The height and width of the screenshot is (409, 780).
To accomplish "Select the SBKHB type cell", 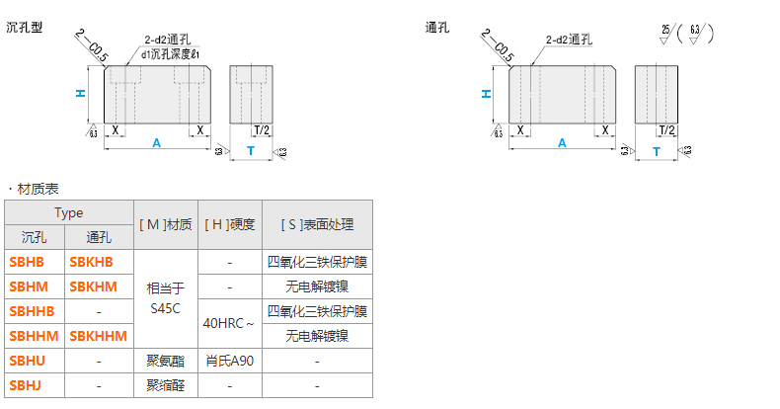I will (92, 262).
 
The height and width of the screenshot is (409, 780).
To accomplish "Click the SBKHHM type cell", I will (98, 336).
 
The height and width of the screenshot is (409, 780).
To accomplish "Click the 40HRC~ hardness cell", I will (229, 323).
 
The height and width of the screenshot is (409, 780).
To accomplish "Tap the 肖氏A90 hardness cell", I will (229, 361).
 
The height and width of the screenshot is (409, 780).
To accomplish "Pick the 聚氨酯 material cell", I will (165, 361).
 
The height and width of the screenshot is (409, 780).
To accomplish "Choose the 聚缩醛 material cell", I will (165, 384).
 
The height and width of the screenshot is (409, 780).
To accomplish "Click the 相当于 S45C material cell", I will (165, 298).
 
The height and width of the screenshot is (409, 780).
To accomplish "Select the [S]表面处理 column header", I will (317, 224).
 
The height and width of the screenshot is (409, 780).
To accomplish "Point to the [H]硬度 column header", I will (229, 224).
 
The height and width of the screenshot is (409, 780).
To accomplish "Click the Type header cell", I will (68, 212).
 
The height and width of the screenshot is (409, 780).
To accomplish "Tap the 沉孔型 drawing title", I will (25, 28).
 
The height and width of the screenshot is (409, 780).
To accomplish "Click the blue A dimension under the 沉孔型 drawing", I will (156, 143).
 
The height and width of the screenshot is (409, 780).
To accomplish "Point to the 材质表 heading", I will (39, 188).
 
